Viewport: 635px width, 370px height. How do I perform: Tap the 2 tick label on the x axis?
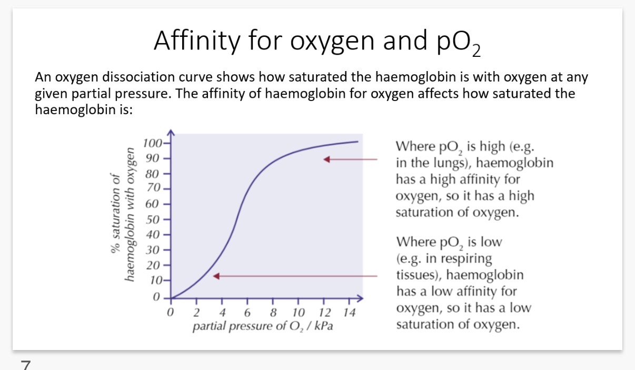click(x=196, y=313)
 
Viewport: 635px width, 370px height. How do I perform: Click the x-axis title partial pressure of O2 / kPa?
click(x=263, y=326)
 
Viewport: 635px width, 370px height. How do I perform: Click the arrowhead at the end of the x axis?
click(x=360, y=298)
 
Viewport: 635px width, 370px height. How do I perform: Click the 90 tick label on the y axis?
click(x=152, y=158)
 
